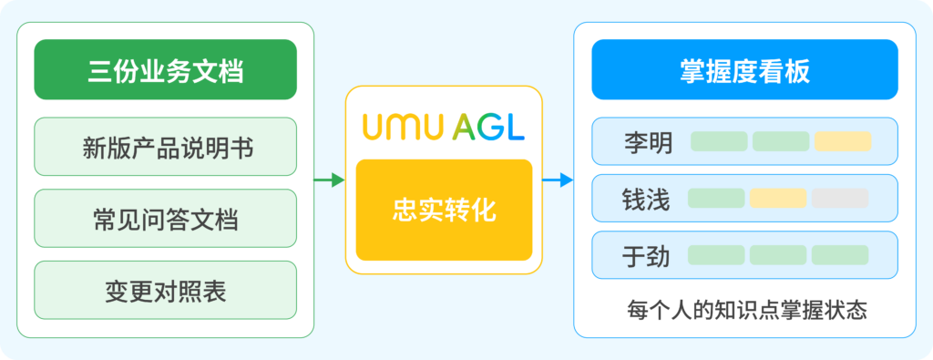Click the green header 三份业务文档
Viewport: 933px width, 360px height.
point(166,69)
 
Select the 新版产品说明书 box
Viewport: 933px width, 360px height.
point(166,147)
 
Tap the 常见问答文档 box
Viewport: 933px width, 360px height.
point(166,219)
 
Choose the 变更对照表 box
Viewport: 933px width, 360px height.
point(166,290)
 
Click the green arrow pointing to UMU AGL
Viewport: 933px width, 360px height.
point(329,180)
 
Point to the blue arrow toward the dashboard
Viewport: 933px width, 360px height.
point(558,180)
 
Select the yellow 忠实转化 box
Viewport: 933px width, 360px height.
point(444,210)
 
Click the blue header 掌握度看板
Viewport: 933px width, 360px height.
point(744,69)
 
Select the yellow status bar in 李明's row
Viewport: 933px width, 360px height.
point(843,141)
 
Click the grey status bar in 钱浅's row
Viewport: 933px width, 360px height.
point(840,198)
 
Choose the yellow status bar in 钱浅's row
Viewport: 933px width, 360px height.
point(778,198)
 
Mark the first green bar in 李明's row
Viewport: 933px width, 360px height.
point(719,141)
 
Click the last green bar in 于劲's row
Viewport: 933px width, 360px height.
point(840,254)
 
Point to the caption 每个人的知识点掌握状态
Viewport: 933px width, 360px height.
point(747,310)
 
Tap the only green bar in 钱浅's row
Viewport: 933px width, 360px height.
point(716,198)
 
